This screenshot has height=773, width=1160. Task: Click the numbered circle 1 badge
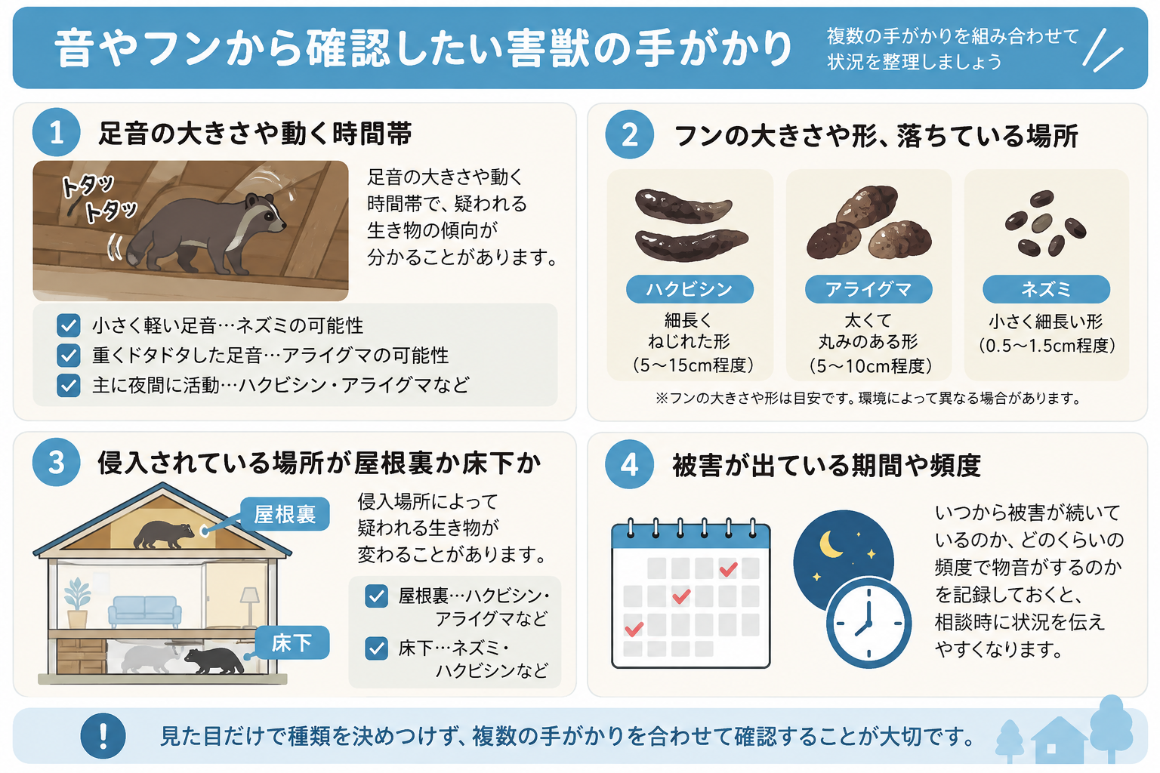click(x=57, y=133)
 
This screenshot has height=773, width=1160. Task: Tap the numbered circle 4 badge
click(x=629, y=464)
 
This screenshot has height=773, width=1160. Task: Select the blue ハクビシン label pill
click(x=690, y=289)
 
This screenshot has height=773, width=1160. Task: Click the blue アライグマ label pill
click(x=868, y=289)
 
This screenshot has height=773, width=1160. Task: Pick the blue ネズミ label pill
click(x=1046, y=289)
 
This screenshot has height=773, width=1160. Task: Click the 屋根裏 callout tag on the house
click(x=285, y=514)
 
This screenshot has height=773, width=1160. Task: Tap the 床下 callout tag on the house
click(x=292, y=642)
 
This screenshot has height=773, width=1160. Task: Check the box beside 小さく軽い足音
click(x=69, y=325)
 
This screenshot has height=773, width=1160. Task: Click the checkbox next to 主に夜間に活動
click(x=69, y=385)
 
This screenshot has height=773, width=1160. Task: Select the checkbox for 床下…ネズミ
click(x=377, y=648)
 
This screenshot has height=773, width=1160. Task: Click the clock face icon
click(x=868, y=622)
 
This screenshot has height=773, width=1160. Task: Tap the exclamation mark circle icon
click(x=103, y=736)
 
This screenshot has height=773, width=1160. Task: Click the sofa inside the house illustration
click(x=145, y=611)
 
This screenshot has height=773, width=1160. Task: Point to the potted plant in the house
click(x=77, y=602)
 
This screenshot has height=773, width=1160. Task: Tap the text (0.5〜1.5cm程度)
click(x=1046, y=345)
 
